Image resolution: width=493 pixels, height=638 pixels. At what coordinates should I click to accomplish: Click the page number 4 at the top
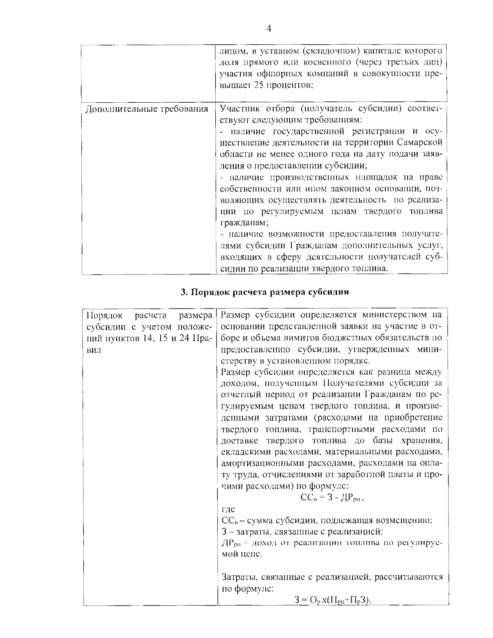[269, 28]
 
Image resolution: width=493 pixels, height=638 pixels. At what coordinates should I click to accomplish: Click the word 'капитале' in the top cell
[385, 51]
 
